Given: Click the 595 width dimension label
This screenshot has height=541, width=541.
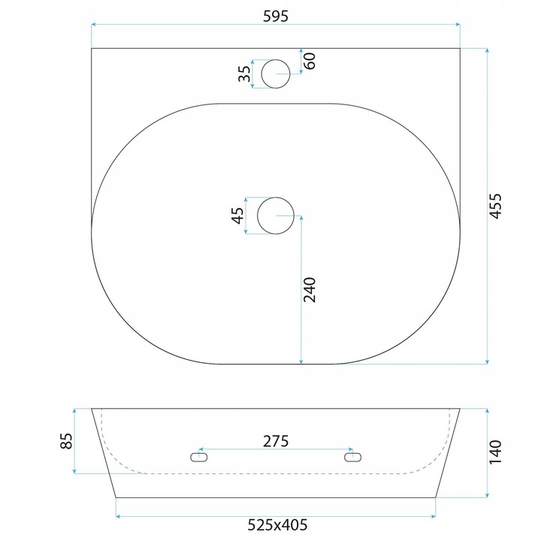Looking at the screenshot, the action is coord(275,17).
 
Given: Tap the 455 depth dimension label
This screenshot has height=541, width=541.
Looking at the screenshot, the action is coord(496,206).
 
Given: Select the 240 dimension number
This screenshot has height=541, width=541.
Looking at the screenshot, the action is coord(310,290).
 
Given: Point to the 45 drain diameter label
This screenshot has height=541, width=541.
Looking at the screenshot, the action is coord(237,216).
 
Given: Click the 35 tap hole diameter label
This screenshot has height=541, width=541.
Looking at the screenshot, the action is coord(245,74).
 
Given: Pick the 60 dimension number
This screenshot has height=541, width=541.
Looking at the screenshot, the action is coord(310,61).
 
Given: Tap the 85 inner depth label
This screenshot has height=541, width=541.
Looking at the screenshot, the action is coord(66,441).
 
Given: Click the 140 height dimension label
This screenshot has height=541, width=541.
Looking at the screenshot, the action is coord(495,452).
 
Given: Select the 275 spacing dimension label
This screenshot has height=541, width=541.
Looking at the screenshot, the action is coord(275,441).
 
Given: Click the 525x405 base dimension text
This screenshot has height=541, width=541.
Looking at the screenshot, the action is coord(277,524).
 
